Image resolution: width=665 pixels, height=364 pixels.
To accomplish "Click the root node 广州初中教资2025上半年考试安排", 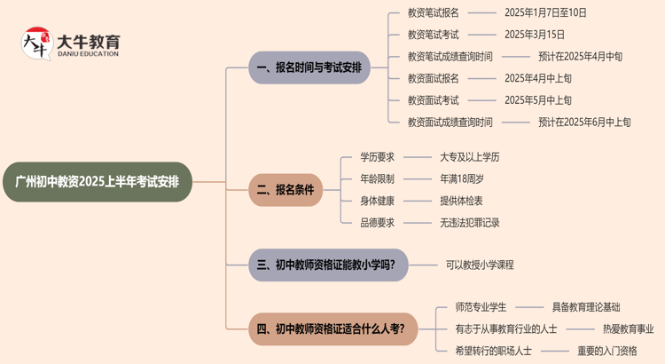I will (x=97, y=182).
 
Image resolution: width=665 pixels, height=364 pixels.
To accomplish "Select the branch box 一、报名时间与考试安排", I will (x=309, y=67).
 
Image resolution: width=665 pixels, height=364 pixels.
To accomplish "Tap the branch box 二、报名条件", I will (x=285, y=189).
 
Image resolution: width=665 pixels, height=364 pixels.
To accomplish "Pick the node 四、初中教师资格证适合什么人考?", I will (x=331, y=329).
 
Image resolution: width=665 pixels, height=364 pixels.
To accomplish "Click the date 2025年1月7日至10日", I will (x=545, y=13).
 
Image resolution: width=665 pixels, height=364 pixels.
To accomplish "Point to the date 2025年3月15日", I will (x=534, y=35).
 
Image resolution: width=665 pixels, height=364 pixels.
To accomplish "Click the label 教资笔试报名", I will (x=433, y=13).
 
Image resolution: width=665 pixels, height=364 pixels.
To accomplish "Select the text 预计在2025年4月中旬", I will (x=580, y=56).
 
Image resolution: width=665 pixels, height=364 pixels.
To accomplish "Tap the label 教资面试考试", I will (x=433, y=100).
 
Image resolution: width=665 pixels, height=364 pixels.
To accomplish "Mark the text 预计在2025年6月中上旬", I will (x=584, y=122).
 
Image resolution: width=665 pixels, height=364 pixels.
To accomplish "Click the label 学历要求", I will (x=377, y=157).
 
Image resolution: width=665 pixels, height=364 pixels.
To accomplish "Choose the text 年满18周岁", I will (x=462, y=178).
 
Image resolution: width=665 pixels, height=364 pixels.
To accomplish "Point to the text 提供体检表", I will (x=462, y=201).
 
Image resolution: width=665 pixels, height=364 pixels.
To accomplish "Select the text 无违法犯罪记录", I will (x=470, y=223).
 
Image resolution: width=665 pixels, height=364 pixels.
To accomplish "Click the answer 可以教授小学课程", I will (x=480, y=265).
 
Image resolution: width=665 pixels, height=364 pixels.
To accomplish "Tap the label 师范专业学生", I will (x=481, y=307).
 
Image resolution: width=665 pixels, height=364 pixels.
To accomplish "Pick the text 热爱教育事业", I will (x=629, y=328).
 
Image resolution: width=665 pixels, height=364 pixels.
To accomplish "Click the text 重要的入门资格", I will (x=607, y=351).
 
